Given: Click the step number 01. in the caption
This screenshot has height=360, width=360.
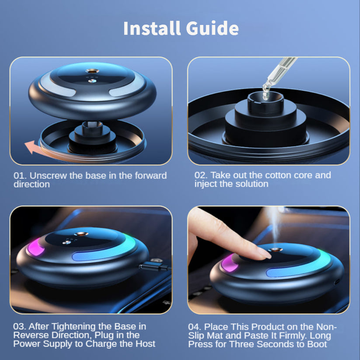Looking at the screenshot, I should pyautogui.click(x=20, y=176).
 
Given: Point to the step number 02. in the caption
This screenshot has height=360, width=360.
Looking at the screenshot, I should pyautogui.click(x=201, y=175).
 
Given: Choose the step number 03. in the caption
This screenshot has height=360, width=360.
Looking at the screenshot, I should pyautogui.click(x=20, y=327).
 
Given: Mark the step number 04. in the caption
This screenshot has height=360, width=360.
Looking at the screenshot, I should pyautogui.click(x=196, y=327).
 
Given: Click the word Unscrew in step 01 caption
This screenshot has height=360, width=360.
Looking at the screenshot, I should pyautogui.click(x=45, y=176).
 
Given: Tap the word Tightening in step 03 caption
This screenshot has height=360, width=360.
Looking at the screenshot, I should pyautogui.click(x=71, y=327).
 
